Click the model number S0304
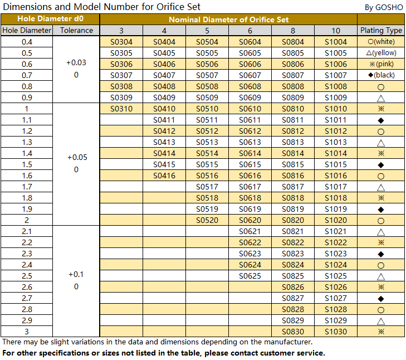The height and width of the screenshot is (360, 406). tap(121, 42)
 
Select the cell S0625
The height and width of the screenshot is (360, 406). tap(250, 276)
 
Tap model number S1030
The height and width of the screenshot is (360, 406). tap(336, 332)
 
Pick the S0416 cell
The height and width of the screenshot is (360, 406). tap(164, 176)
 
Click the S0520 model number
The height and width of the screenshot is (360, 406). tap(207, 220)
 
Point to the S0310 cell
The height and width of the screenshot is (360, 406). tap(121, 109)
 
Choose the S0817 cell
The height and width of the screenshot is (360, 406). tap(293, 187)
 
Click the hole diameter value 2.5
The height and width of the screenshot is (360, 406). tap(27, 276)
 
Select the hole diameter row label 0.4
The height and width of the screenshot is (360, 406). tap(27, 42)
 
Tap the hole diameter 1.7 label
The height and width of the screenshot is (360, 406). tap(27, 187)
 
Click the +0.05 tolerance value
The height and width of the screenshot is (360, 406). tap(77, 157)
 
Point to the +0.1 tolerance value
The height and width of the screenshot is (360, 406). tap(76, 274)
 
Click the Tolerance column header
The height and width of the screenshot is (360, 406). tap(76, 30)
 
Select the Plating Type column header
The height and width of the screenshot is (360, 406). tap(381, 30)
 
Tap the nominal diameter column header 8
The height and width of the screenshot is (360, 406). tap(293, 31)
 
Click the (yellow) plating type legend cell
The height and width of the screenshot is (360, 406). tap(381, 53)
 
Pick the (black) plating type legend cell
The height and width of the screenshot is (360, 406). tap(381, 75)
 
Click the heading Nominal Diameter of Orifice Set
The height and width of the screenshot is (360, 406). tap(229, 20)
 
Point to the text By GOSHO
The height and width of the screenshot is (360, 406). tap(384, 7)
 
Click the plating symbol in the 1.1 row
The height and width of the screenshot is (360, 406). tap(381, 120)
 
